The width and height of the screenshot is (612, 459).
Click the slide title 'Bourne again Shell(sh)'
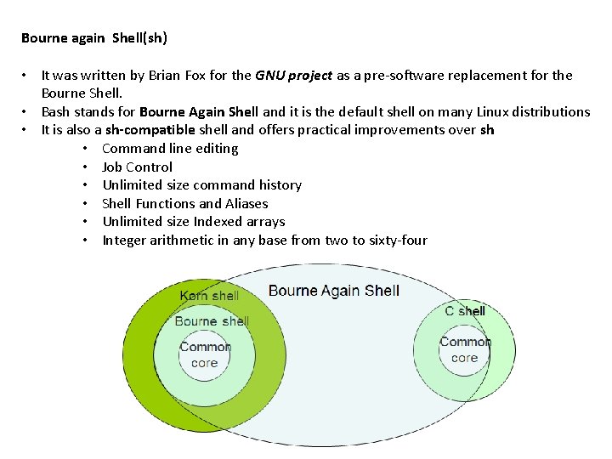point(94,38)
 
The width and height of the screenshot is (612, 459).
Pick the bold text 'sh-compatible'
point(150,130)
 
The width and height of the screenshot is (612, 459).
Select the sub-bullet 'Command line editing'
point(170,149)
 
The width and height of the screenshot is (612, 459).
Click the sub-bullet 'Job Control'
point(137,167)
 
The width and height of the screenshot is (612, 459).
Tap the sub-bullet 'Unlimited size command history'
point(201,185)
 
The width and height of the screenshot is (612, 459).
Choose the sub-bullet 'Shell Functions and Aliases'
point(184,204)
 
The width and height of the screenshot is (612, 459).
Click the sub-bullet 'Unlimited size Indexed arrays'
point(193,222)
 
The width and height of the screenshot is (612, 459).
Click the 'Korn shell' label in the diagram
point(209,296)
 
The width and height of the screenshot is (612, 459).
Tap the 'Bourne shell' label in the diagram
point(212,321)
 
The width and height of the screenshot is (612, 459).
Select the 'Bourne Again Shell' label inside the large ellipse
point(333,291)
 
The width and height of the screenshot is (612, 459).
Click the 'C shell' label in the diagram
point(465,311)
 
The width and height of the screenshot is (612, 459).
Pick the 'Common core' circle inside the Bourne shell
point(205,355)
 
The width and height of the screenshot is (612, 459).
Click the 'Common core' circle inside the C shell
point(465,350)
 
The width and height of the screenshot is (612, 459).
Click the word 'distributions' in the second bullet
point(552,112)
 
